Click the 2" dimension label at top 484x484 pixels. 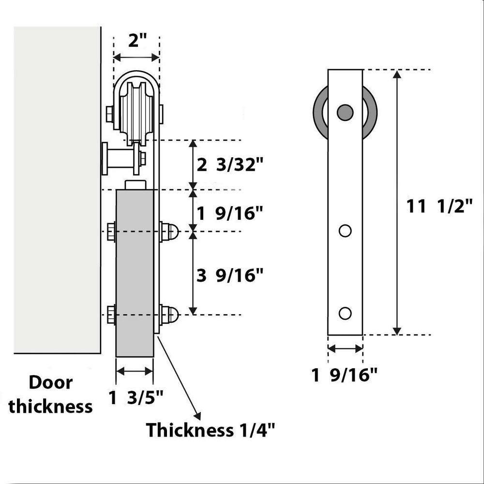pos(136,40)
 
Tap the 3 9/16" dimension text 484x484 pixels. pos(230,275)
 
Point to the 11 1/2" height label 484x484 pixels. pos(439,207)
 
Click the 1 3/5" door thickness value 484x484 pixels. pos(136,398)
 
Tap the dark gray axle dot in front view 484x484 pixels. pos(345,112)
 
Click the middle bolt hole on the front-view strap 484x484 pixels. pos(345,231)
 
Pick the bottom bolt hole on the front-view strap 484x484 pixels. pos(345,313)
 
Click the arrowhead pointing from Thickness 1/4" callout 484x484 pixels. pos(197,414)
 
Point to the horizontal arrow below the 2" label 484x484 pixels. pos(136,58)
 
